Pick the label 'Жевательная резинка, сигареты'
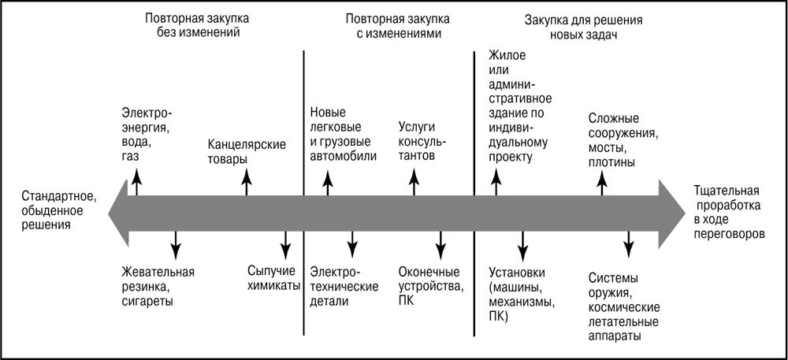tap(158, 286)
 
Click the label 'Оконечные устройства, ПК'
tap(431, 286)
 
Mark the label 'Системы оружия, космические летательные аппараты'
tap(624, 306)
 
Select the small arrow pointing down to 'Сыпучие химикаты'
tap(286, 241)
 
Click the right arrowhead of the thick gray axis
tap(671, 212)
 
